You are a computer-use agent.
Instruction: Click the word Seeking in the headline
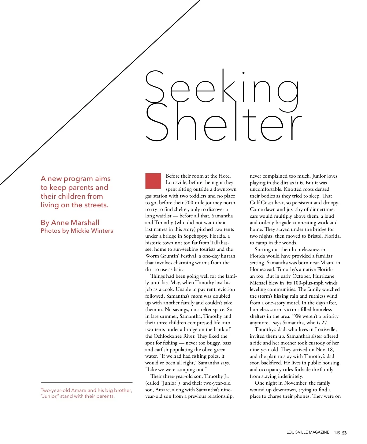(222, 87)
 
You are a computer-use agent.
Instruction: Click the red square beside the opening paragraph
(153, 181)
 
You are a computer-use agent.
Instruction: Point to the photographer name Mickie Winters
(92, 231)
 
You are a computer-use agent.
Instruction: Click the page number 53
(344, 433)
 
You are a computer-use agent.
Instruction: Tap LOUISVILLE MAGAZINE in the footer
(308, 432)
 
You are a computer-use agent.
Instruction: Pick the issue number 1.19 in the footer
(337, 433)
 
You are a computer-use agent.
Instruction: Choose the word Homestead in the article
(262, 269)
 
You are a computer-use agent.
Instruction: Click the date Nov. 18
(324, 350)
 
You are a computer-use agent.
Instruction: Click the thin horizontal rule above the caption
(87, 382)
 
